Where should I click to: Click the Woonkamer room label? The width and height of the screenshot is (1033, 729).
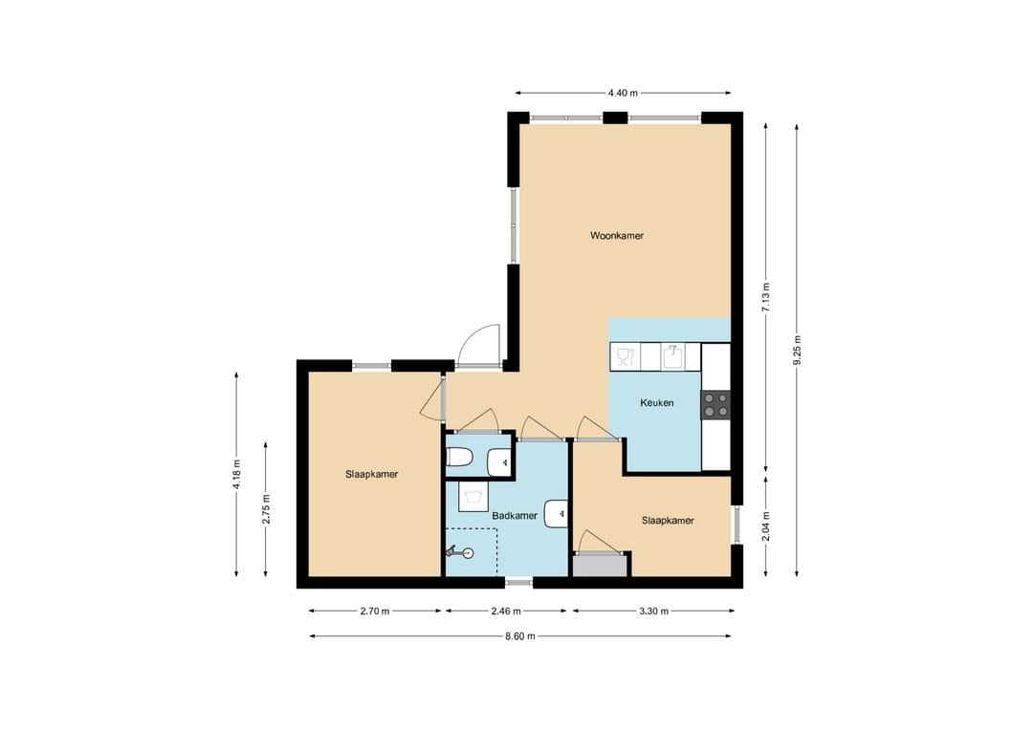tap(617, 236)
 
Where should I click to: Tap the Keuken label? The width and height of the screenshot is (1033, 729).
tap(657, 402)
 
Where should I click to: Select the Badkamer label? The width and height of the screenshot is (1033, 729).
tap(515, 516)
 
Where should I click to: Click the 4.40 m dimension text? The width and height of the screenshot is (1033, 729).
tap(623, 93)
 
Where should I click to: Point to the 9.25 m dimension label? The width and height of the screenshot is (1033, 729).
tap(797, 350)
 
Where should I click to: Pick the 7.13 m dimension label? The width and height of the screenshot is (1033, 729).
tap(765, 297)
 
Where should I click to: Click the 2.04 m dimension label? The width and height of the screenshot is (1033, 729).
tap(765, 527)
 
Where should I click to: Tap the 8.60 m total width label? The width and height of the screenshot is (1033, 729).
tap(519, 636)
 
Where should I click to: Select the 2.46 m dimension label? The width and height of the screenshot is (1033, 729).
tap(506, 611)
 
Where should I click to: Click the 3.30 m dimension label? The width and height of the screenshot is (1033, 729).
tap(653, 611)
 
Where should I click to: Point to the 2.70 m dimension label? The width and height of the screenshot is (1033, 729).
tap(374, 611)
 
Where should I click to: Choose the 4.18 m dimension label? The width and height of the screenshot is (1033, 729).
tap(236, 475)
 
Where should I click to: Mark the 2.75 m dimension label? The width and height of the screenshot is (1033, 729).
tap(266, 508)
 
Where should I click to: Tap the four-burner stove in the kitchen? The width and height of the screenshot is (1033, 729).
tap(715, 405)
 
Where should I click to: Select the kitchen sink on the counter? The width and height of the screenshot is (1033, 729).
tap(670, 356)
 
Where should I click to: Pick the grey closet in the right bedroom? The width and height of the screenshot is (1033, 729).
tap(600, 566)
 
